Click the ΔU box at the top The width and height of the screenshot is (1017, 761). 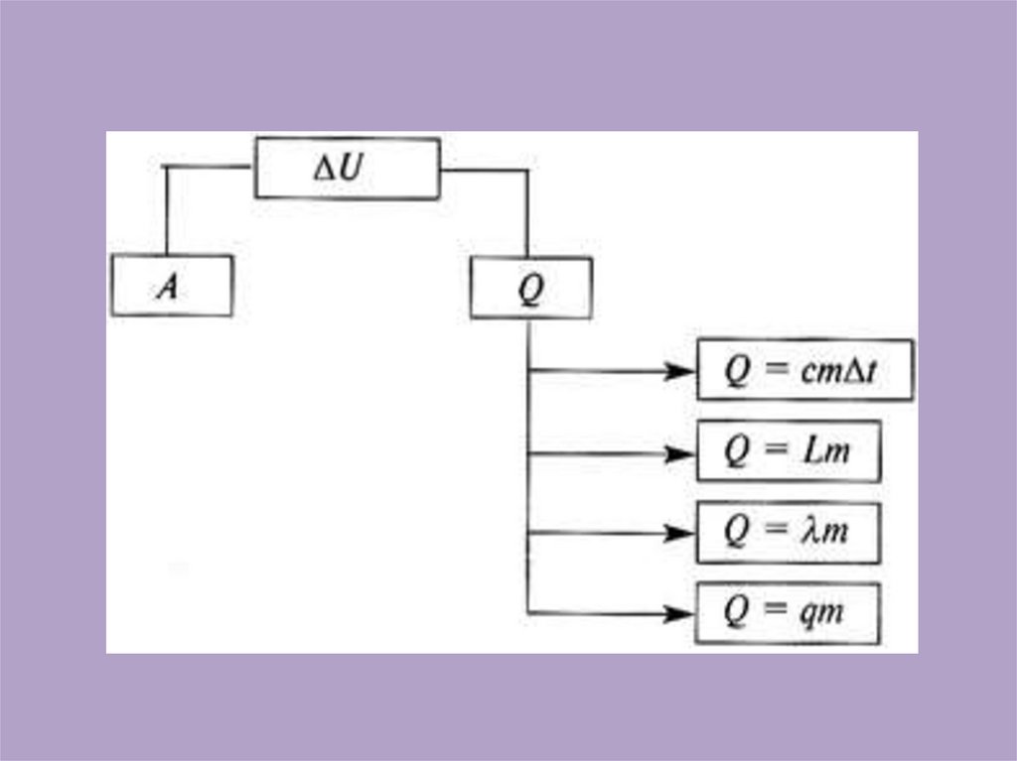(347, 168)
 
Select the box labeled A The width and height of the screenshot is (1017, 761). (172, 286)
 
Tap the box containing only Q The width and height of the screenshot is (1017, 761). (530, 288)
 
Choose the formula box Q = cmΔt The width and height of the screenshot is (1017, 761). (804, 369)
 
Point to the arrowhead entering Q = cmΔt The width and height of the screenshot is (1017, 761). (679, 370)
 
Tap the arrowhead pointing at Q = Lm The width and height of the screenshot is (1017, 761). (679, 453)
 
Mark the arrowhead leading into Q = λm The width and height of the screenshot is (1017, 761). (679, 534)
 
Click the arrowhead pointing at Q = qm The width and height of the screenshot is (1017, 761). (679, 613)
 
